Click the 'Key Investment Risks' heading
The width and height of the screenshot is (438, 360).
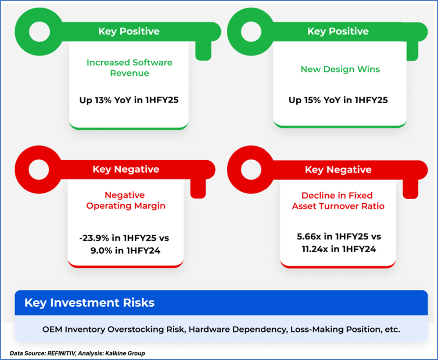tap(89, 303)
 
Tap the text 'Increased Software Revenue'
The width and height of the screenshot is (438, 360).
tap(129, 68)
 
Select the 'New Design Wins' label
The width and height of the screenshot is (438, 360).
tap(340, 69)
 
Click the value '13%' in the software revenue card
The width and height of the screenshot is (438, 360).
tap(103, 100)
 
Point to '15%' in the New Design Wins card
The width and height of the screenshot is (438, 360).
tap(312, 100)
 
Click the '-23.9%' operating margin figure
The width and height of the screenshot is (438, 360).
tap(94, 238)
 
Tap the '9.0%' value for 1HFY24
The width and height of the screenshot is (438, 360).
tap(101, 251)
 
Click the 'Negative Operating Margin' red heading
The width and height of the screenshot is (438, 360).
tap(126, 200)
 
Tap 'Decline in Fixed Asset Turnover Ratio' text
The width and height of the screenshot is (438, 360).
tap(338, 201)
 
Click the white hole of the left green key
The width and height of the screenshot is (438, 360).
tap(39, 32)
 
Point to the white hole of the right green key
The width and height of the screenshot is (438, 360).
tap(251, 32)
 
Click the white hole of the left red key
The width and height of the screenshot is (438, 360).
tap(39, 170)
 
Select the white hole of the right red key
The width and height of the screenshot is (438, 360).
tap(251, 170)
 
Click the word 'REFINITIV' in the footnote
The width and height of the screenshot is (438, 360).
tap(61, 353)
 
